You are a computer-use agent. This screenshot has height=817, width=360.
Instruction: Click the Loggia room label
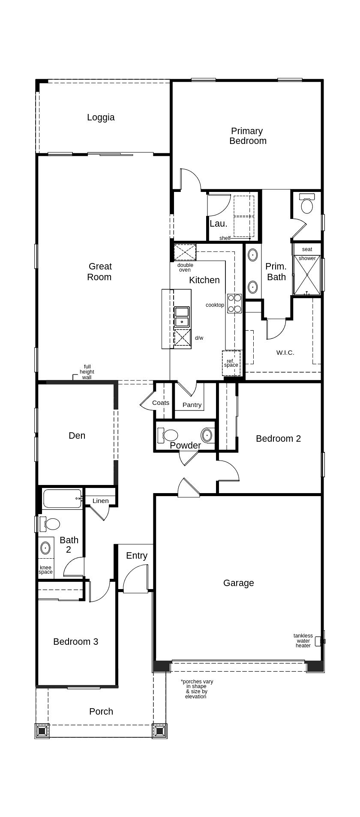(101, 117)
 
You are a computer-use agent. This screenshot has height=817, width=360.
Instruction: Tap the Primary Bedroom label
(248, 136)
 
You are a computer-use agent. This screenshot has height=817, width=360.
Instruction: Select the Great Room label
(99, 272)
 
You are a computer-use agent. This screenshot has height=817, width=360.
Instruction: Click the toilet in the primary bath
(307, 204)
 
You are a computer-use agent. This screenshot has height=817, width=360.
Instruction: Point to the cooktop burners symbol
(234, 303)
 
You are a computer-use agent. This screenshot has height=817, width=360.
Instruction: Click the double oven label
(185, 267)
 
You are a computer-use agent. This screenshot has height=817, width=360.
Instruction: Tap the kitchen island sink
(182, 317)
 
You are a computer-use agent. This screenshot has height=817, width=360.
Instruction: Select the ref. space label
(231, 363)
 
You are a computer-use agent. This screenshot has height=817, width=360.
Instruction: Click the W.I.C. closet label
(285, 353)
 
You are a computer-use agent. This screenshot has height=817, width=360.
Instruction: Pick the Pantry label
(192, 405)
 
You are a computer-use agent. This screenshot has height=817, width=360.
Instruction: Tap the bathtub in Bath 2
(63, 499)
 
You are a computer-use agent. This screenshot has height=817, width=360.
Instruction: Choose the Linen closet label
(101, 501)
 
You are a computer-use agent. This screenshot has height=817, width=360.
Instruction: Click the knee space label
(45, 569)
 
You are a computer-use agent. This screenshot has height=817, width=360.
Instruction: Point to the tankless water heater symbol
(320, 641)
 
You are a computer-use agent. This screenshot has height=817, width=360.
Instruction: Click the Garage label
(239, 583)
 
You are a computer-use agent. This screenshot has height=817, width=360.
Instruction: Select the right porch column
(160, 730)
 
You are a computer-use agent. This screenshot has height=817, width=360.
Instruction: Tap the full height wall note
(87, 372)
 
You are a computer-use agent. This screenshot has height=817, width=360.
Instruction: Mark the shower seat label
(307, 249)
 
